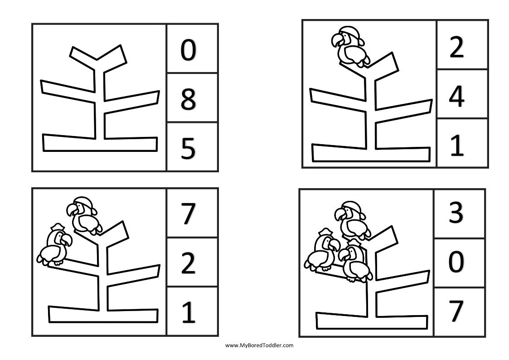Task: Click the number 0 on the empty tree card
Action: pyautogui.click(x=188, y=50)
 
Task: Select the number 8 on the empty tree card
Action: pyautogui.click(x=188, y=100)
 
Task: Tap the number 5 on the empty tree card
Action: pyautogui.click(x=188, y=149)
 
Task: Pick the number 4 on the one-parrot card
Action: pyautogui.click(x=456, y=96)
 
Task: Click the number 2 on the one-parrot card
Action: pyautogui.click(x=456, y=47)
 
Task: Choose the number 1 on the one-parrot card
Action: pyautogui.click(x=457, y=145)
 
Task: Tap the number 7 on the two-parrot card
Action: pyautogui.click(x=188, y=215)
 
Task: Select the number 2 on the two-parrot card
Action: pyautogui.click(x=188, y=264)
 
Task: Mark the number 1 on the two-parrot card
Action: pyautogui.click(x=188, y=312)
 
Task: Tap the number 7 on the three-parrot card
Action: pyautogui.click(x=456, y=311)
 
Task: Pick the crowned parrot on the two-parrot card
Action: pyautogui.click(x=54, y=247)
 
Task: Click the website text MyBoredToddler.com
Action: pyautogui.click(x=259, y=345)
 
